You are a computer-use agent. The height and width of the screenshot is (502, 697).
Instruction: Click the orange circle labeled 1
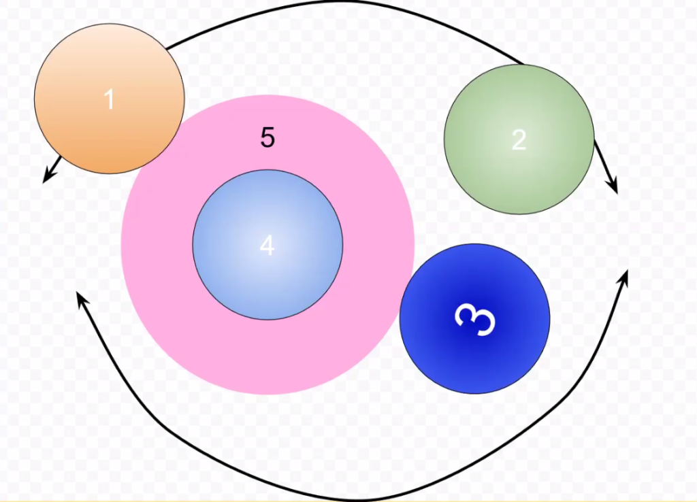pos(110,99)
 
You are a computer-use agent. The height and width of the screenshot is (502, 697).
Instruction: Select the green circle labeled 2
pos(519,139)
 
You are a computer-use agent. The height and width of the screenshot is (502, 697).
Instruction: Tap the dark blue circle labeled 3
pos(474,318)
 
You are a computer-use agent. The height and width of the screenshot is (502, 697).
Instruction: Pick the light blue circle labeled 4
pos(268,244)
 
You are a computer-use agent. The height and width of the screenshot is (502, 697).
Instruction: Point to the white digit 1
pos(109,99)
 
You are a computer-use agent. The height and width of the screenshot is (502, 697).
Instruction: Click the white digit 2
pos(519,140)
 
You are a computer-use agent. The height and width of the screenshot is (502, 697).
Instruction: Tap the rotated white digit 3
pos(475,320)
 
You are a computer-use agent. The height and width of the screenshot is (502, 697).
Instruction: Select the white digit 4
pos(267,246)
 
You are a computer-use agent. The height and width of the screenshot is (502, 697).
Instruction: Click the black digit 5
pos(268,137)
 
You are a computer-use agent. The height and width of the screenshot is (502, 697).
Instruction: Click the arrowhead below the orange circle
pos(46,178)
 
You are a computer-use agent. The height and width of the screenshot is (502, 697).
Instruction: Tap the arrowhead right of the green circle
pos(615,186)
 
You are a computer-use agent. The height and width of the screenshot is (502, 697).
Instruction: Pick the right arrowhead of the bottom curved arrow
pos(624,275)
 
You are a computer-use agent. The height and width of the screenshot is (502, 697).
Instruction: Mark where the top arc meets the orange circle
pos(166,48)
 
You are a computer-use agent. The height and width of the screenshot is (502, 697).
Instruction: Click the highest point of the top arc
pos(351,1)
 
